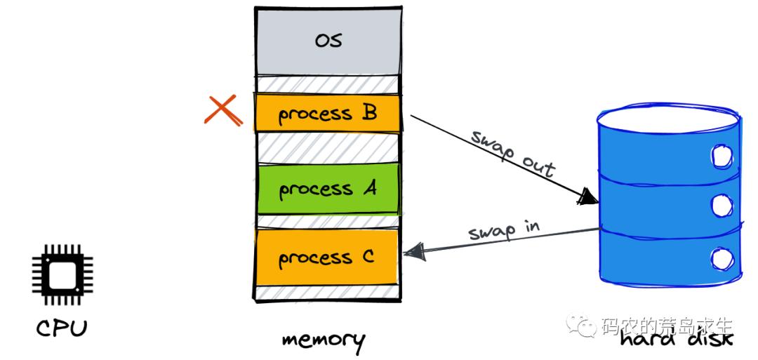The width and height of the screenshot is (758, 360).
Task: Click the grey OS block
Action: [327, 41]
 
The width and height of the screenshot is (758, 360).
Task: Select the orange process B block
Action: [327, 113]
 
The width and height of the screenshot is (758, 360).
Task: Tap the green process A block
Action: [327, 189]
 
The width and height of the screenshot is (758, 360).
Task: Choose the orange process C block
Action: [327, 258]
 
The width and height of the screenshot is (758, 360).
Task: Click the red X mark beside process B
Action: [223, 111]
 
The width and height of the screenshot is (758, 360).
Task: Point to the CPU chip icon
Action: [62, 274]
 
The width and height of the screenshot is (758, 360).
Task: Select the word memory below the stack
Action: [324, 340]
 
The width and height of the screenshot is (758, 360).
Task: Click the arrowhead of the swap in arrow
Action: [413, 251]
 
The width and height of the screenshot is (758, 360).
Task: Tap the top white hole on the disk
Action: [721, 155]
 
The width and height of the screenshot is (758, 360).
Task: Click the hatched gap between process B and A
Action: [327, 148]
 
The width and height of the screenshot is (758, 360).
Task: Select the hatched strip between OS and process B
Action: [327, 85]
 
